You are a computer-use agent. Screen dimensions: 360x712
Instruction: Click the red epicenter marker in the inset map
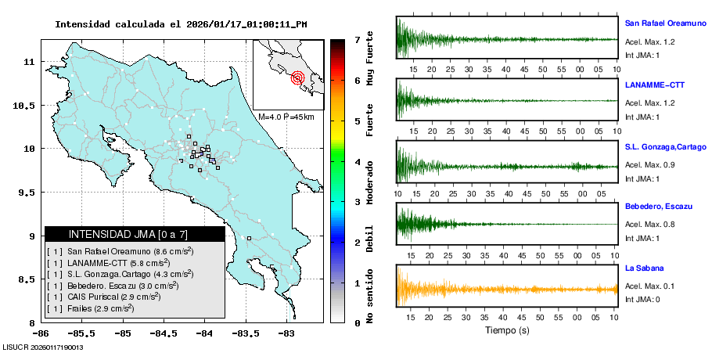click(297, 77)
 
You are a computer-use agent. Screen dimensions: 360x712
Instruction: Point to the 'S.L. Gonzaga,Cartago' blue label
click(665, 146)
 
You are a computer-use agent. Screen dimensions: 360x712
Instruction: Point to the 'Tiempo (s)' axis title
click(507, 330)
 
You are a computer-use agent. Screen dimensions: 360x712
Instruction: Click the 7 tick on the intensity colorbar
click(357, 39)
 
